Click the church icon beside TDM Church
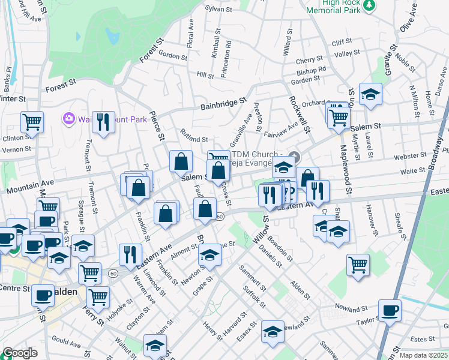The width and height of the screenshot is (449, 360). (293, 158)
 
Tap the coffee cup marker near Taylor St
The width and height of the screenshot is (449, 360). (390, 310)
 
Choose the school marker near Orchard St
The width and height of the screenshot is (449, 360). (370, 94)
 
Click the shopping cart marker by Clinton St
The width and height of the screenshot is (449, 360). (32, 121)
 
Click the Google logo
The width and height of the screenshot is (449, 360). (20, 353)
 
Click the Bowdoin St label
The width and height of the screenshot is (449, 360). (280, 248)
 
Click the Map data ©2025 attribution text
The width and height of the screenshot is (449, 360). (423, 355)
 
